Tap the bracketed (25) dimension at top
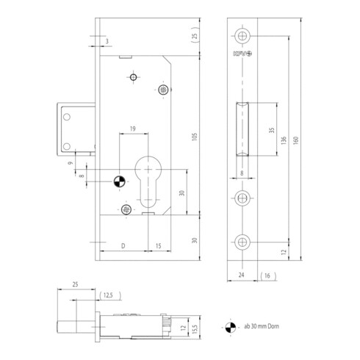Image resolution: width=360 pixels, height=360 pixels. [195, 37]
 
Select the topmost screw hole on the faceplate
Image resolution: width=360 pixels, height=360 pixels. [243, 35]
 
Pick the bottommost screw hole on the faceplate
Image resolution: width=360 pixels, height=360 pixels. [243, 242]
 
